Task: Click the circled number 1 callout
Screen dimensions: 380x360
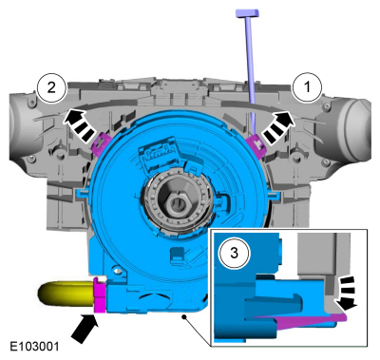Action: (307, 86)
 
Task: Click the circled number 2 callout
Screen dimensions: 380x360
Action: (51, 87)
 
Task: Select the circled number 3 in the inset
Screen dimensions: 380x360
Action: (234, 253)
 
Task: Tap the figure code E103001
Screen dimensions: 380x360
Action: (34, 346)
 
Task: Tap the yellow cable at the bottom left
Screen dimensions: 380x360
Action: (66, 294)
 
